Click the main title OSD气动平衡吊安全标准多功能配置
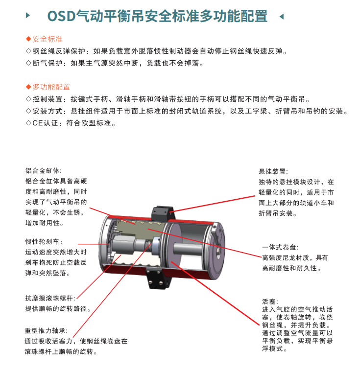pyautogui.click(x=157, y=16)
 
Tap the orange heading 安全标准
pyautogui.click(x=48, y=39)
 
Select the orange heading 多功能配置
pyautogui.click(x=51, y=87)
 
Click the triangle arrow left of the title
pyautogui.click(x=28, y=16)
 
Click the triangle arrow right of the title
pyautogui.click(x=282, y=16)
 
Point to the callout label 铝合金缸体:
pyautogui.click(x=44, y=170)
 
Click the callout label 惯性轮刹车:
pyautogui.click(x=44, y=241)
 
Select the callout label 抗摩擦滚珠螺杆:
pyautogui.click(x=50, y=298)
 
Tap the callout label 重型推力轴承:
pyautogui.click(x=46, y=330)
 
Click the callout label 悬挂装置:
pyautogui.click(x=273, y=171)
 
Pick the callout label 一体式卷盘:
pyautogui.click(x=280, y=247)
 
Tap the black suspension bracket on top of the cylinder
pyautogui.click(x=163, y=213)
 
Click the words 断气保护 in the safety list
pyautogui.click(x=48, y=63)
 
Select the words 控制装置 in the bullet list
pyautogui.click(x=48, y=99)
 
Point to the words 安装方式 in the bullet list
pyautogui.click(x=48, y=111)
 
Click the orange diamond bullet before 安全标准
pyautogui.click(x=28, y=39)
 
